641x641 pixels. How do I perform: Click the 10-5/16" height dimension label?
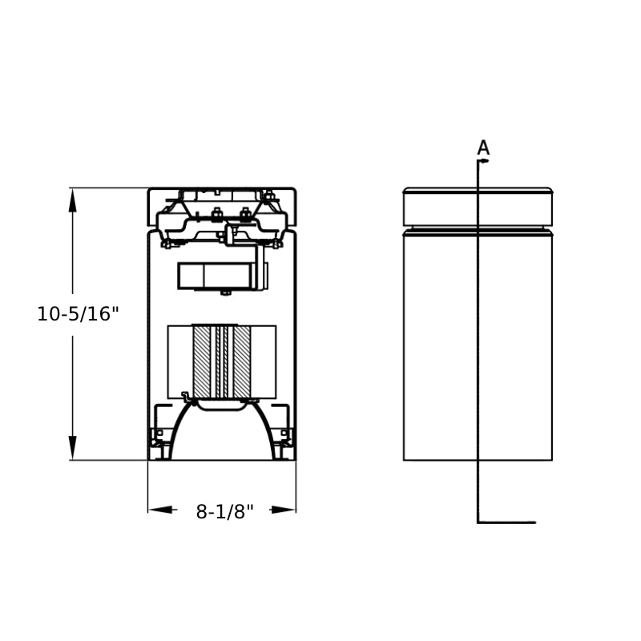[x=78, y=314]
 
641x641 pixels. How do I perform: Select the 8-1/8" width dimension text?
[x=225, y=511]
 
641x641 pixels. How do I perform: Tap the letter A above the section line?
[x=483, y=147]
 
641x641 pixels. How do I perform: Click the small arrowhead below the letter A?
[x=485, y=161]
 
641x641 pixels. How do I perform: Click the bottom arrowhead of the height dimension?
[x=73, y=448]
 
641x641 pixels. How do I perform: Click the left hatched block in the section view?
[x=202, y=362]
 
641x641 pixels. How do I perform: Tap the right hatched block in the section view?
[x=242, y=362]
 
